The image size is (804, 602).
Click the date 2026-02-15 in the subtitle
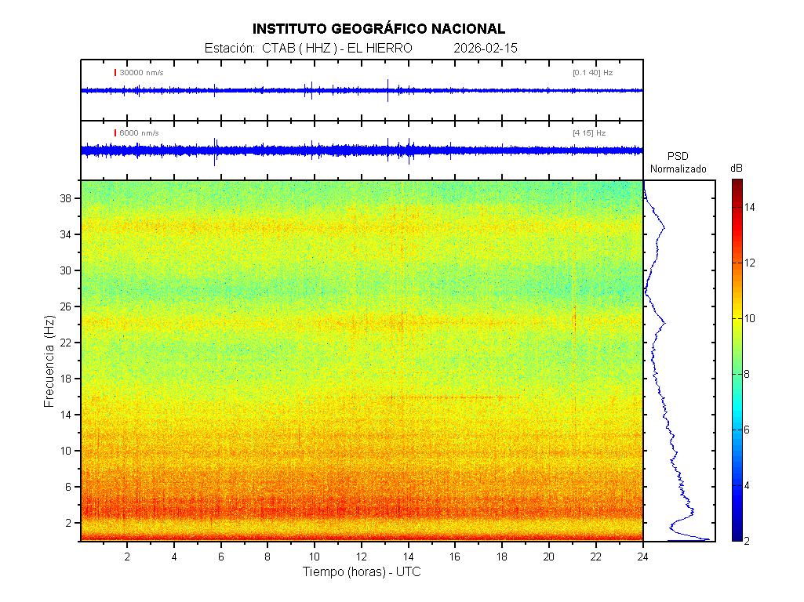coord(486,49)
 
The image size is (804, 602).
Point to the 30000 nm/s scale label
coord(141,73)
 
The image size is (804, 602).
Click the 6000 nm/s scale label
coord(139,133)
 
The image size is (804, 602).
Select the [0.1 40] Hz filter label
coord(592,73)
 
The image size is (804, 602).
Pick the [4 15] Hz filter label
coord(589,133)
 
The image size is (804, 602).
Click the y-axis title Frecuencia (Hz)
coord(49,361)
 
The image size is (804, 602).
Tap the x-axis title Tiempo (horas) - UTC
coord(362,572)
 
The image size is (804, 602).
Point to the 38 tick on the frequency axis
coord(67,199)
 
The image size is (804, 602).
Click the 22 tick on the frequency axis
coord(67,343)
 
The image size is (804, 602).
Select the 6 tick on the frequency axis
coord(70,487)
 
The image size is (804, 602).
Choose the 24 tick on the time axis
coord(642,555)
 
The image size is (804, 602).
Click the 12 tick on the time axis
coord(362,555)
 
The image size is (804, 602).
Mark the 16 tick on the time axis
coord(455,555)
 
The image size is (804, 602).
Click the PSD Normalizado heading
coord(678,163)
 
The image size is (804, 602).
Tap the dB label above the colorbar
coord(737,169)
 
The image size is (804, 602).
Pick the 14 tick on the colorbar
coord(750,208)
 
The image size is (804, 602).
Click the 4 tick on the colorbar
coord(748,486)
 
